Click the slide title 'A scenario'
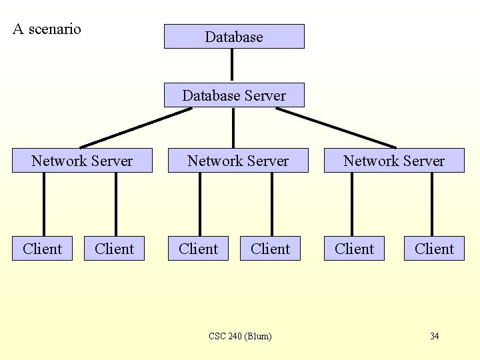coord(47,29)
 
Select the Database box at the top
coord(234,37)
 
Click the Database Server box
coord(234,95)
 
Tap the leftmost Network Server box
coord(82,161)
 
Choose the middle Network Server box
coord(238,161)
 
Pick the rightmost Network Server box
coord(394,161)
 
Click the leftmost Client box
coord(42,249)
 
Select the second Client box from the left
coord(114,249)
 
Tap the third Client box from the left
coord(198,249)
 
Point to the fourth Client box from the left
coord(270,249)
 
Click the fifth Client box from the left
coord(354,249)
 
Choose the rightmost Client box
coord(434,249)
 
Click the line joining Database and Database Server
coord(232,65)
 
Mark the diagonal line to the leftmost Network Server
coord(136,127)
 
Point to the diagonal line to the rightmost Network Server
coord(336,127)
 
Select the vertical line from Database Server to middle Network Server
coord(233,127)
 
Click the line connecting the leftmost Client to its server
coord(44,205)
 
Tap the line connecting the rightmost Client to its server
coord(432,205)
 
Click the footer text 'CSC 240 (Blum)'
coord(240,336)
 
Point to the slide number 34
coord(434,336)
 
